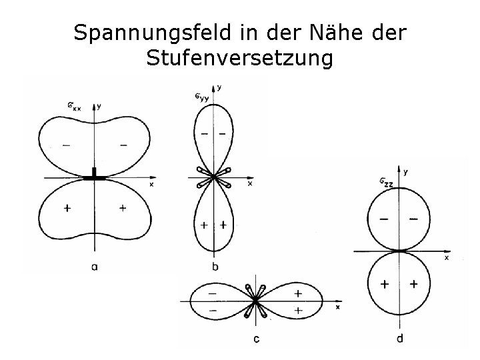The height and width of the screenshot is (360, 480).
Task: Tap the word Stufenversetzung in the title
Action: [x=239, y=59]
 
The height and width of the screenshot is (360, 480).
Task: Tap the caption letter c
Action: [x=257, y=339]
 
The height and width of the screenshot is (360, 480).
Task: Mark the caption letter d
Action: [x=399, y=339]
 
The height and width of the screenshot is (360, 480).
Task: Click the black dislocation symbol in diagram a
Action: [x=95, y=175]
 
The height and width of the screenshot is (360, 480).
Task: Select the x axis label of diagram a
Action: [x=151, y=183]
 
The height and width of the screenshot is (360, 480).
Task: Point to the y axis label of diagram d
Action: [x=405, y=171]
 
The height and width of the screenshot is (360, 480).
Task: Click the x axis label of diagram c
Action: [x=337, y=307]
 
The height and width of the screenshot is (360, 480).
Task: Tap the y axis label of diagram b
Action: [x=220, y=87]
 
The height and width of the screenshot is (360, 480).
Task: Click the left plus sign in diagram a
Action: [x=67, y=209]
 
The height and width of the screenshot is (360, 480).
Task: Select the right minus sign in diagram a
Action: [x=123, y=144]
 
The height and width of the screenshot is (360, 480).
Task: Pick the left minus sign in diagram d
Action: [x=385, y=219]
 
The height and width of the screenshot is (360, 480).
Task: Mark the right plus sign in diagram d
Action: [x=414, y=284]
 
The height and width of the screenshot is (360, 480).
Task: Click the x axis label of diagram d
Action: [x=446, y=257]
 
